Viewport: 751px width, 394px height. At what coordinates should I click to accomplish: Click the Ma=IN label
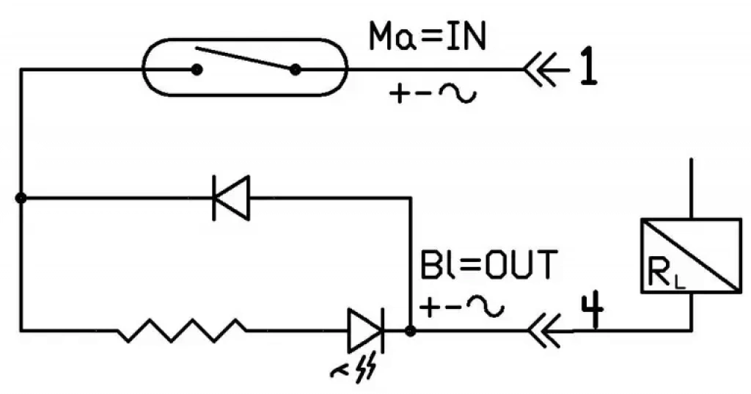pyautogui.click(x=428, y=37)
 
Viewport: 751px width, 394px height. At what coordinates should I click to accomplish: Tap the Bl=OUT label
pyautogui.click(x=488, y=264)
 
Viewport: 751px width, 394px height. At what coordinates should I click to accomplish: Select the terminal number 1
pyautogui.click(x=589, y=67)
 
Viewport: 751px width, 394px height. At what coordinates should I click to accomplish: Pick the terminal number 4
pyautogui.click(x=593, y=312)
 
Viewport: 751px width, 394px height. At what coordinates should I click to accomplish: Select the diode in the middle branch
pyautogui.click(x=231, y=198)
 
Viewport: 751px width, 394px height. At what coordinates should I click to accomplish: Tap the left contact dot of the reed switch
pyautogui.click(x=197, y=70)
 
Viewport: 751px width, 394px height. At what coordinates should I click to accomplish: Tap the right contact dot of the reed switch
pyautogui.click(x=295, y=70)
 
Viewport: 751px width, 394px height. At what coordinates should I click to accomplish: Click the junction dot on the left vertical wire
pyautogui.click(x=21, y=198)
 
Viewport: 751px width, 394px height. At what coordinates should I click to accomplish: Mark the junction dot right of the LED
pyautogui.click(x=411, y=331)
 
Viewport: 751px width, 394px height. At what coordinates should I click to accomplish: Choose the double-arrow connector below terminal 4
pyautogui.click(x=543, y=330)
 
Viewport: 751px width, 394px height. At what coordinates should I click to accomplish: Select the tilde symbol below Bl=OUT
pyautogui.click(x=486, y=307)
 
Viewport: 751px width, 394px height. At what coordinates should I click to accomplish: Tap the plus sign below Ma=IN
pyautogui.click(x=398, y=94)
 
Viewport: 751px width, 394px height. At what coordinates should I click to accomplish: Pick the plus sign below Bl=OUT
pyautogui.click(x=429, y=307)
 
